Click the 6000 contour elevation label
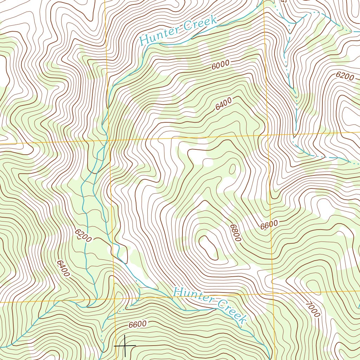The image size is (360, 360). point(221,65)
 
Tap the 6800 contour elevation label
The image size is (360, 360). point(235,232)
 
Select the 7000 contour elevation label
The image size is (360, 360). point(313,309)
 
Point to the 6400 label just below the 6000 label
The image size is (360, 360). point(224,104)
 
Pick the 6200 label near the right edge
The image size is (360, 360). point(345,76)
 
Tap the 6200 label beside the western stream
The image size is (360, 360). point(83,236)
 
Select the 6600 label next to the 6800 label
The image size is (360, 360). point(269,225)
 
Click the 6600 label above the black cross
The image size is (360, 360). point(137,324)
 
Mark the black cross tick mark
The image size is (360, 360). point(125,346)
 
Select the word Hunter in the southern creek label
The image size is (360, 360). point(193,295)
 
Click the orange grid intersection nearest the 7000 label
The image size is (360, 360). point(273,291)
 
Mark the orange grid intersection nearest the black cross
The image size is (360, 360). point(115,300)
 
